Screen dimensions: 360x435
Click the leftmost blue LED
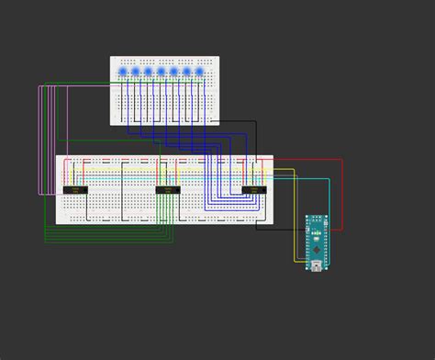coord(123,71)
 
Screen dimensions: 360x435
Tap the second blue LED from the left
coord(135,71)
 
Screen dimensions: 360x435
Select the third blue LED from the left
coord(148,71)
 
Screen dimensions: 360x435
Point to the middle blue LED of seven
coord(161,71)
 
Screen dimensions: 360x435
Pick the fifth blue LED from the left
coord(173,71)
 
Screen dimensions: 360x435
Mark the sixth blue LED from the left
coord(185,71)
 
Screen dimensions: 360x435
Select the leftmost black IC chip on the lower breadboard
coord(77,190)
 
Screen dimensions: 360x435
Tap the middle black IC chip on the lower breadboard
coord(167,190)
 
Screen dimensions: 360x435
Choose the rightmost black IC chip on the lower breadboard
coord(253,190)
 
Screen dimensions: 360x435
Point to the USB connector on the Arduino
coord(317,265)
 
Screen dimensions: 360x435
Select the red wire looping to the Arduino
coord(341,193)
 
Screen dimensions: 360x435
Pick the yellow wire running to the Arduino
coord(295,220)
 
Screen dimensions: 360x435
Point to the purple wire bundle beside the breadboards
coord(39,138)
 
